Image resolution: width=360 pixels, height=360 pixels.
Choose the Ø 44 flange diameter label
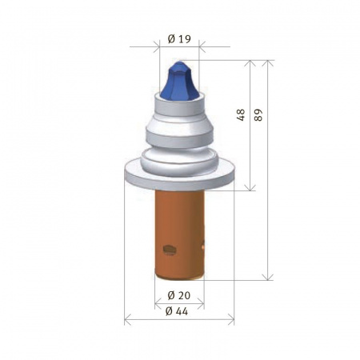pos(179,310)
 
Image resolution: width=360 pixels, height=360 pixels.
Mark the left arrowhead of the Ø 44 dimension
pos(128,322)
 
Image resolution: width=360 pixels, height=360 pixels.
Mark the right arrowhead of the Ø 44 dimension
pos(232,322)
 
